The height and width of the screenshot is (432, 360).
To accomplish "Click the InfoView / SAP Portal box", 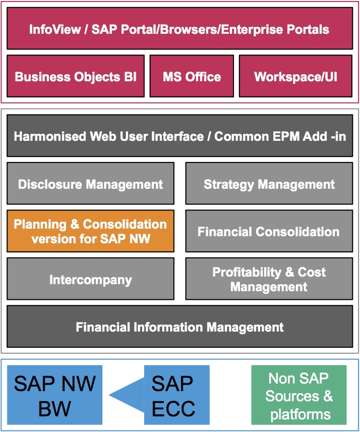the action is [x=179, y=28].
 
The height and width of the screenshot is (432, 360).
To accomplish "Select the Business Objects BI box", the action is [x=76, y=76].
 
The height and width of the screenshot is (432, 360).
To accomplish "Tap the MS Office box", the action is [x=192, y=76].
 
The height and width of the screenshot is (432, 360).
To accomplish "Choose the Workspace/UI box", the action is [x=295, y=76].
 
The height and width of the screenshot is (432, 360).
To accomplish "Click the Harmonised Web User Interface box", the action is [x=179, y=136].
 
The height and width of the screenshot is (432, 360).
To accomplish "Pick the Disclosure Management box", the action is [x=91, y=183].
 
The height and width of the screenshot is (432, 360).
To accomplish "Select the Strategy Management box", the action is [x=269, y=183].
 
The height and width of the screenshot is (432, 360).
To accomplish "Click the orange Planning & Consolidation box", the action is [x=91, y=231].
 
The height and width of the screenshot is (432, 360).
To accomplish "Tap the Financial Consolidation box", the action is [x=269, y=231].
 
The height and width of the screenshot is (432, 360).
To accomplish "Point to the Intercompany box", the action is [x=91, y=279].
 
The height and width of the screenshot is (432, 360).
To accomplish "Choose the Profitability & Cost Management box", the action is [x=269, y=279].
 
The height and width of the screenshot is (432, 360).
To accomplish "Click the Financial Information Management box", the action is [x=179, y=326].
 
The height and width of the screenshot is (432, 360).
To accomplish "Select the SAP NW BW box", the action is [x=55, y=395].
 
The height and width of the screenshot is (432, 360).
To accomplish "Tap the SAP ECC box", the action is [x=176, y=395].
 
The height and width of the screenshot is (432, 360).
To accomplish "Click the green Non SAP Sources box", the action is [x=299, y=395].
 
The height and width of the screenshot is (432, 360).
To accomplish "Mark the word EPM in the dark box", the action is [x=286, y=136].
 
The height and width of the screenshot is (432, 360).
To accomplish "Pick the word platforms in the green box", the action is [x=301, y=415].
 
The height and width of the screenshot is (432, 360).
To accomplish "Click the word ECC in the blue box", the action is [x=173, y=408].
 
